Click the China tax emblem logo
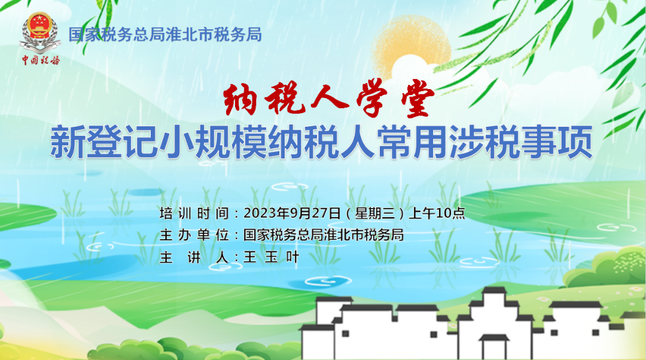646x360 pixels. click(40, 32)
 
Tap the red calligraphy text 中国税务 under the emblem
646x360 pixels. click(41, 60)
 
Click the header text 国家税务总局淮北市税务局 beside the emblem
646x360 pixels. click(165, 35)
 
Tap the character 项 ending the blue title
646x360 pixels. click(575, 142)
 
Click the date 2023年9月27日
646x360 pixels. click(292, 213)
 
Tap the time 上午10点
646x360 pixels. click(437, 213)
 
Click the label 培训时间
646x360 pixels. click(194, 213)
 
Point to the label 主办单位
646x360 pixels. click(194, 235)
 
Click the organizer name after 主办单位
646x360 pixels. click(324, 235)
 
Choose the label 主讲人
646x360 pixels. click(194, 257)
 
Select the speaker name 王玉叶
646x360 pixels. click(272, 257)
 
